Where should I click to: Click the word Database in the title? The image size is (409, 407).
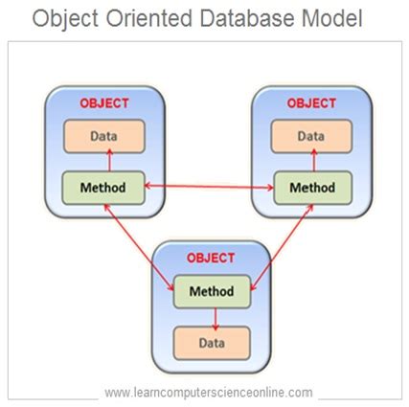(x=248, y=18)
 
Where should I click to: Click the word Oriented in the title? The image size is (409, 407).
(x=148, y=18)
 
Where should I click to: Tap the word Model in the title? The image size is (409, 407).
(x=332, y=18)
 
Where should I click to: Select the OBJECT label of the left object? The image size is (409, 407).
(x=104, y=103)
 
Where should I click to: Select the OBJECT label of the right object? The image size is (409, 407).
(x=311, y=103)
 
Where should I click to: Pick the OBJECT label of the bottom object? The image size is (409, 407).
(x=211, y=258)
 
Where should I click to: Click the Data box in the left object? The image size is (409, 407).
(x=104, y=136)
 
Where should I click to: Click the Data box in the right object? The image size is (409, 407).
(x=311, y=136)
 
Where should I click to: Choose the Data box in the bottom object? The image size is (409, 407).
(x=212, y=343)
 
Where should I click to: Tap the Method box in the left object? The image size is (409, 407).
(x=103, y=188)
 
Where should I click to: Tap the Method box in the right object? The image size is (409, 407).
(x=312, y=188)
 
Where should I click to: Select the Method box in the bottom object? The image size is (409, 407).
(x=212, y=291)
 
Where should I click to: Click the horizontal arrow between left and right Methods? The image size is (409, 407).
(x=209, y=187)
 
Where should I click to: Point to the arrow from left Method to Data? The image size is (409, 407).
(x=109, y=161)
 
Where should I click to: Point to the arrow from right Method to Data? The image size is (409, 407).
(x=314, y=161)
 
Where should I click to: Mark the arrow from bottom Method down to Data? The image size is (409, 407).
(x=216, y=319)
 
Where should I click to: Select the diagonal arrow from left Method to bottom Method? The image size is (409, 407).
(x=139, y=247)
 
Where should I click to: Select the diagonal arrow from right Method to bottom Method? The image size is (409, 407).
(x=282, y=247)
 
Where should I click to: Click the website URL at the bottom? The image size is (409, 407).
(x=209, y=393)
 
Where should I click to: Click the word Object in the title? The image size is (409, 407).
(x=65, y=19)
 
